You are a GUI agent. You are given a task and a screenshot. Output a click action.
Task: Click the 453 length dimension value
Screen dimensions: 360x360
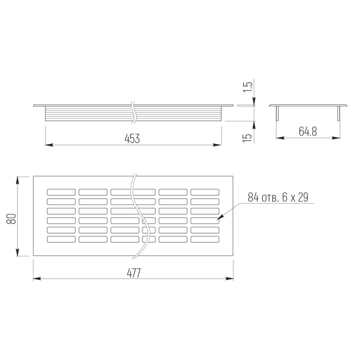click(132, 139)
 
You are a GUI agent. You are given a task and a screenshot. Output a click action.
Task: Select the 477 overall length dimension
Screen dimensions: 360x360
click(134, 273)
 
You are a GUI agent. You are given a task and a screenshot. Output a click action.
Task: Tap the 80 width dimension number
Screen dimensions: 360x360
click(11, 218)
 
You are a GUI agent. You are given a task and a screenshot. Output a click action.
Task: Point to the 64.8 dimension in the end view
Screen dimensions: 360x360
click(308, 131)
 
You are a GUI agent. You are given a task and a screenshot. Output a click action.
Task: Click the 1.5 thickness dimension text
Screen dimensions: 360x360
click(248, 87)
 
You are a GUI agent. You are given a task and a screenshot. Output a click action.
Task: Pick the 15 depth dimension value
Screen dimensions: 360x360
click(247, 137)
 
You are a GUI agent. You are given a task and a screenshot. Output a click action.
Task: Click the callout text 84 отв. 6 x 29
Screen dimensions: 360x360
click(278, 198)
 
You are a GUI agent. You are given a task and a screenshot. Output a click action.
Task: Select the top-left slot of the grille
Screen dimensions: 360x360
click(61, 192)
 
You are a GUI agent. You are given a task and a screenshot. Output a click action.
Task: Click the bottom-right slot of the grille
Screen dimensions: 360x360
click(205, 239)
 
